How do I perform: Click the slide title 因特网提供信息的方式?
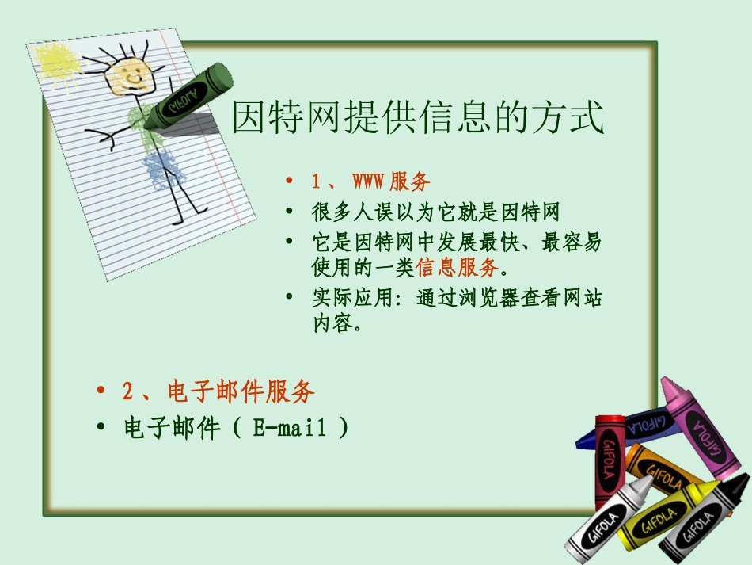(418, 117)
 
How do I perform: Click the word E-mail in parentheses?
(290, 429)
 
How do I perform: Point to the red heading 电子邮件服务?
(241, 391)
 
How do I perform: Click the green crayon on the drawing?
(188, 96)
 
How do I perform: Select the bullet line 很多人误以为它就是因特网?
(435, 212)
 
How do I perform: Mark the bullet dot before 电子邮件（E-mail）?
(101, 429)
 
